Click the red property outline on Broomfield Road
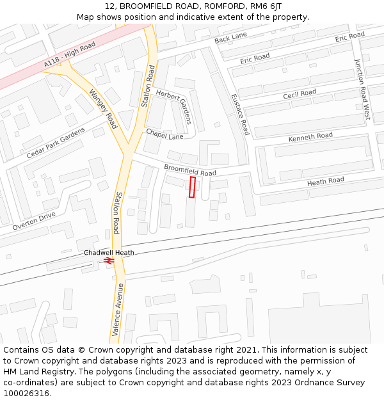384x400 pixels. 192,187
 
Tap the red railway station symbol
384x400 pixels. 109,260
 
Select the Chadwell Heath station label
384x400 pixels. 109,253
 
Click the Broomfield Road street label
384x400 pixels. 190,170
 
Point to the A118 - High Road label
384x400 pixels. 70,56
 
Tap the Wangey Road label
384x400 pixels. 103,108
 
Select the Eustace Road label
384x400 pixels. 240,114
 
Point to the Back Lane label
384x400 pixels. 230,38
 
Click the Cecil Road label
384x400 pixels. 300,94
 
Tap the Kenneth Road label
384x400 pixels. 310,137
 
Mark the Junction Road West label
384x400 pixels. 362,89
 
